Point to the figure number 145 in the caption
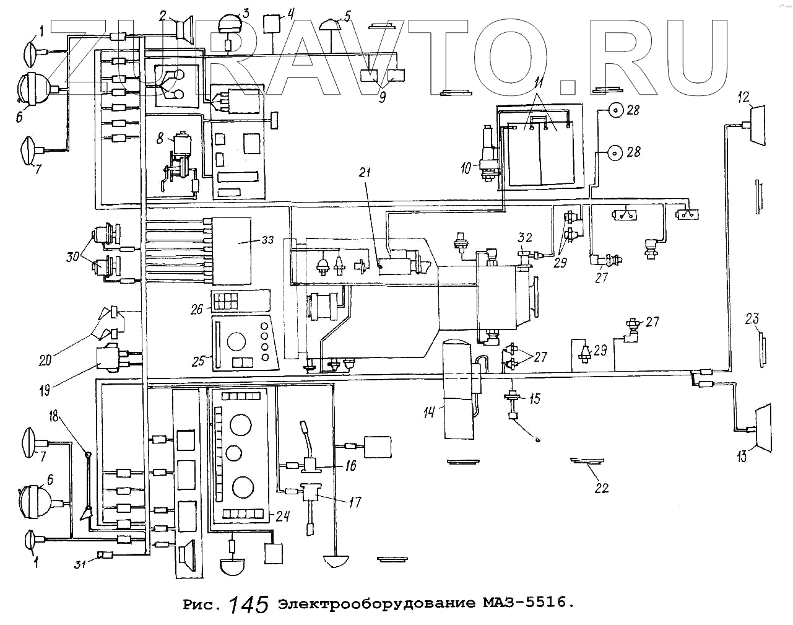click(x=248, y=604)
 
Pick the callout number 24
click(x=282, y=516)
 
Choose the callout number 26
click(x=197, y=308)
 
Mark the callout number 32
click(x=525, y=238)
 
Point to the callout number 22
click(x=601, y=488)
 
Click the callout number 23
click(x=752, y=320)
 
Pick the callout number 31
click(x=79, y=564)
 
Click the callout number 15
click(x=534, y=399)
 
